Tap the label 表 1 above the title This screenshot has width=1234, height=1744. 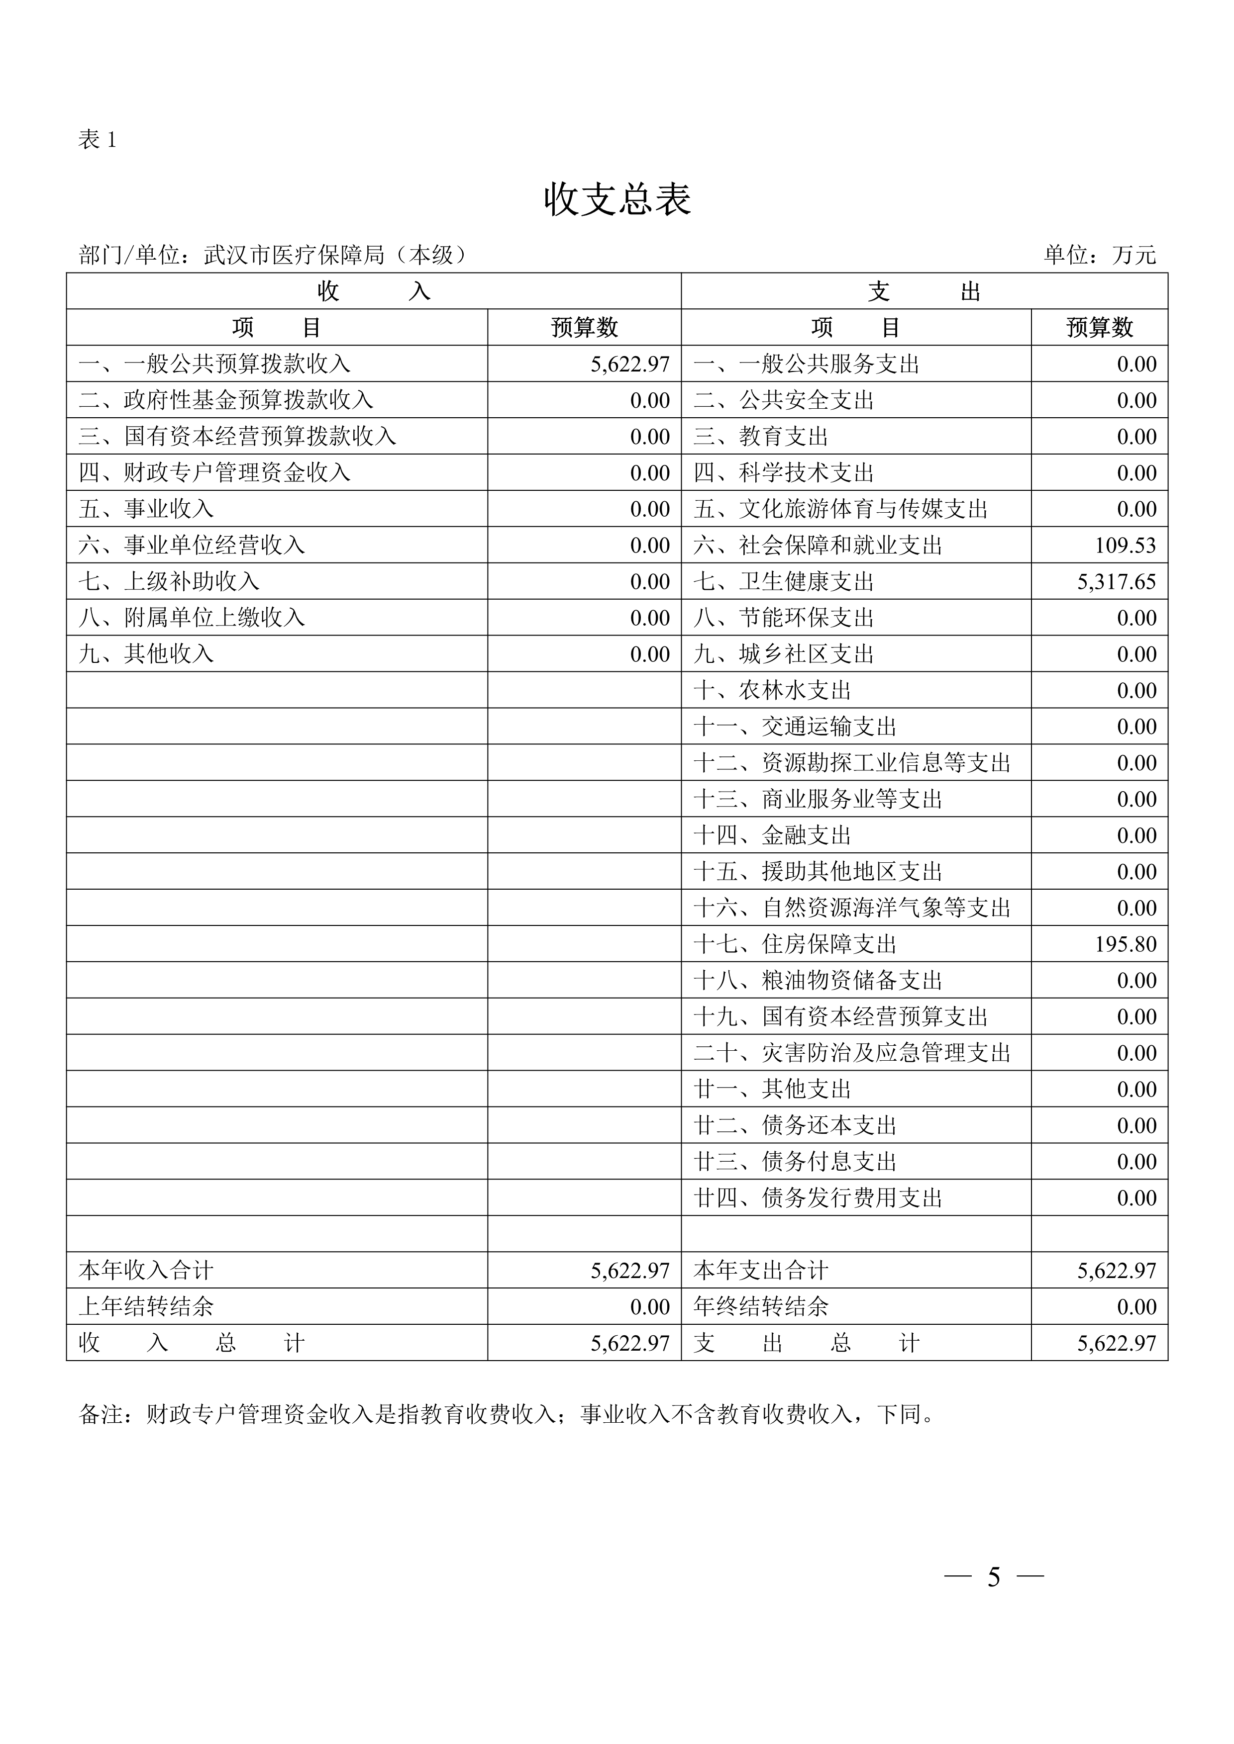pos(97,140)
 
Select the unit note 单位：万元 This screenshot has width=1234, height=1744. pos(1100,255)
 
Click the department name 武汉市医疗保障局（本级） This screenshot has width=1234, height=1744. pos(334,255)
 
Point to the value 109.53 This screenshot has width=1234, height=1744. pos(1126,546)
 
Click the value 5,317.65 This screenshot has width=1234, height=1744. pos(1116,582)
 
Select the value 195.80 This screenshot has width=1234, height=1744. pos(1126,944)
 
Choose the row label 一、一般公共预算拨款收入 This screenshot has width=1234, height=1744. pos(214,364)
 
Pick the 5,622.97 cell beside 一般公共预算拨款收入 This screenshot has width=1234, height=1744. pos(630,364)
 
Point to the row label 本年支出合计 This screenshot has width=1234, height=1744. pos(761,1271)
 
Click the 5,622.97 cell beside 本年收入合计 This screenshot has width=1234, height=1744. pos(630,1271)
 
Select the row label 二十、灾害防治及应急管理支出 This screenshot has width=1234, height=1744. pos(852,1053)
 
